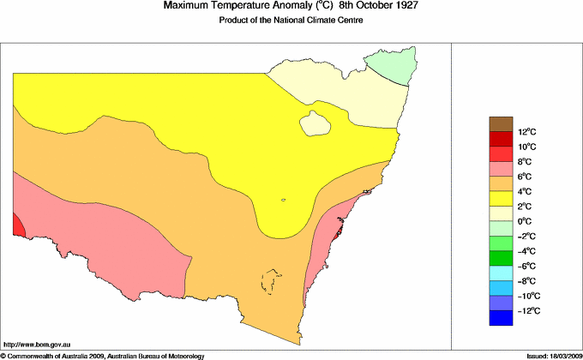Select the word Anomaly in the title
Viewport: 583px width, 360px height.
coord(276,7)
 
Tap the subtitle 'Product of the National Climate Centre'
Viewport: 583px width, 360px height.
coord(291,21)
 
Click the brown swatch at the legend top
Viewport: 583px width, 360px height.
coord(502,123)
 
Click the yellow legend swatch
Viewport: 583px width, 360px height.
coord(502,198)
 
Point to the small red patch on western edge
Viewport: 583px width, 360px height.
coord(18,225)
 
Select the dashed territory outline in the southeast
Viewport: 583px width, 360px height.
coord(272,280)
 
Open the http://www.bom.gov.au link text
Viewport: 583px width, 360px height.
coord(38,343)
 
